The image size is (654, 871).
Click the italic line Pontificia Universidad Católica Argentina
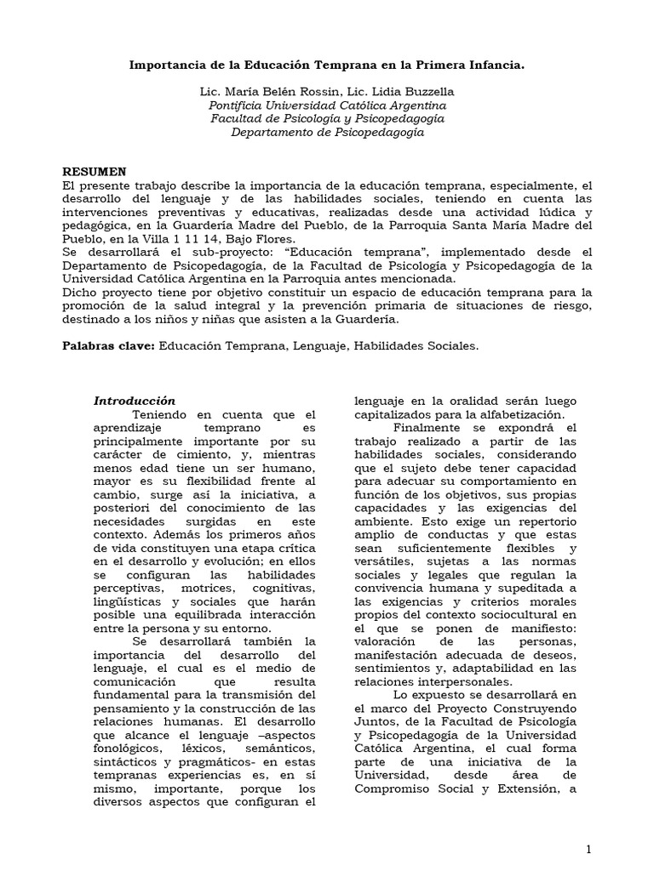pyautogui.click(x=327, y=105)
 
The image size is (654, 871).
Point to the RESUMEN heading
pyautogui.click(x=95, y=171)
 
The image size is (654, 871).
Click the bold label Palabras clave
pyautogui.click(x=109, y=346)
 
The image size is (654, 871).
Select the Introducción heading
pyautogui.click(x=135, y=401)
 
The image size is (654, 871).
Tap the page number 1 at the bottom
pyautogui.click(x=588, y=851)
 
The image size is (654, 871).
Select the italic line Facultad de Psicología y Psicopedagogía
pyautogui.click(x=327, y=118)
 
